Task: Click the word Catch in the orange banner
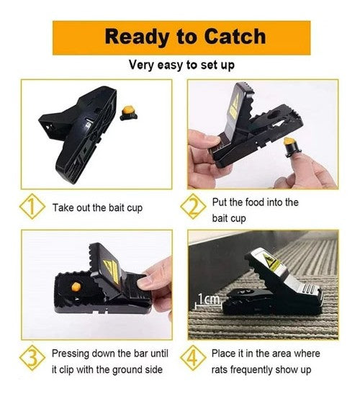[235, 37]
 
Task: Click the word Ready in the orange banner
[137, 37]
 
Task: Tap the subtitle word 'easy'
[170, 66]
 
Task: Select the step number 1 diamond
[32, 207]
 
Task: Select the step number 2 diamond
[193, 207]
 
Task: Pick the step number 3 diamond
[32, 358]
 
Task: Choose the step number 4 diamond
[193, 358]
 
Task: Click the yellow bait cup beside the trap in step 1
[128, 113]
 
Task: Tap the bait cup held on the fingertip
[291, 147]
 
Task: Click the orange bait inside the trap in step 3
[76, 287]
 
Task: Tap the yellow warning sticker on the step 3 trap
[111, 270]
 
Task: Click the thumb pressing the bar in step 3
[148, 282]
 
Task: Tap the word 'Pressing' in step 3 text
[71, 354]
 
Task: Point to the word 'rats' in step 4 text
[220, 369]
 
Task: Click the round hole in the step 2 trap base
[274, 115]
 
